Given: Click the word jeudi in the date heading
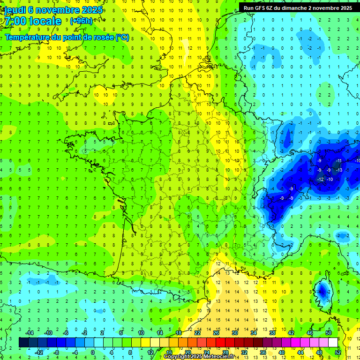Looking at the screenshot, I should pyautogui.click(x=15, y=10).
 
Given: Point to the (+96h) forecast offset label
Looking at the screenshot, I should pyautogui.click(x=81, y=21).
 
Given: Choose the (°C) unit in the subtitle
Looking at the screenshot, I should pyautogui.click(x=122, y=37).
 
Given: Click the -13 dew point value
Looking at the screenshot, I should pyautogui.click(x=339, y=170).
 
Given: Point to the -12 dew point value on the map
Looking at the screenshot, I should pyautogui.click(x=321, y=179).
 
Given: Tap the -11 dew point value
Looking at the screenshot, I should pyautogui.click(x=339, y=161).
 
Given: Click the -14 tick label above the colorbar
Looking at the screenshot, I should pyautogui.click(x=30, y=333).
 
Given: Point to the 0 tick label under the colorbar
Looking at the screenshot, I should pyautogui.click(x=93, y=352).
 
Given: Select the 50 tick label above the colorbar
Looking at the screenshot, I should pyautogui.click(x=329, y=333).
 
